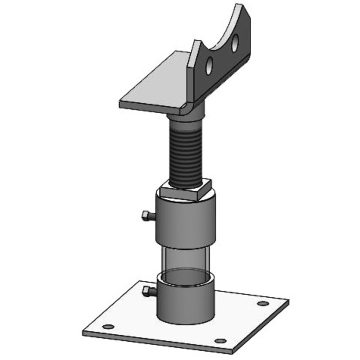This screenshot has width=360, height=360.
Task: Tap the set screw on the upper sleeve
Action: tap(146, 216)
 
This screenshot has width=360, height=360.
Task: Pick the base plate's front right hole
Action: tap(220, 341)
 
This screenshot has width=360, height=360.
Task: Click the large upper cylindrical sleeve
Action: tap(186, 222)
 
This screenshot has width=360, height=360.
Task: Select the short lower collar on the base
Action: tap(186, 300)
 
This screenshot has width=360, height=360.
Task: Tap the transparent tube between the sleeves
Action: tap(186, 260)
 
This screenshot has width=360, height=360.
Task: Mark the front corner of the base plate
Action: tap(230, 352)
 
